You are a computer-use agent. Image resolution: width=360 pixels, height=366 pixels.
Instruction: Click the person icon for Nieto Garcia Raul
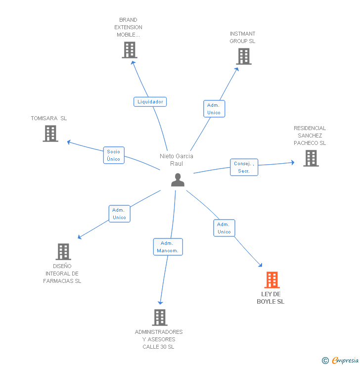178,181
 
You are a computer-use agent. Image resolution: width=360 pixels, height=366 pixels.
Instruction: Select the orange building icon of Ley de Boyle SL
271,280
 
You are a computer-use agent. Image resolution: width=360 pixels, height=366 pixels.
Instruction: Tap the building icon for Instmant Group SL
243,56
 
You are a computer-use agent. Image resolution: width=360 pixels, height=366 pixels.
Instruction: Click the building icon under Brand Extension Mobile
129,50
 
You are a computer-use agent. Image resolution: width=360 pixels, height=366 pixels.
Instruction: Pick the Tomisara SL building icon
50,134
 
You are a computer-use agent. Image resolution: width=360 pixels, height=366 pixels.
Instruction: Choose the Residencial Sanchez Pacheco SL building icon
311,158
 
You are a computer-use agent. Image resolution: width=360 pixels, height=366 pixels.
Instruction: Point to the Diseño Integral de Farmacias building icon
63,252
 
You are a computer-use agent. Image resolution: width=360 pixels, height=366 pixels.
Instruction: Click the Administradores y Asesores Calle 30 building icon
159,318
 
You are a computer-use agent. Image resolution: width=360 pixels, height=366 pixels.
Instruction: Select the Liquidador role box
150,102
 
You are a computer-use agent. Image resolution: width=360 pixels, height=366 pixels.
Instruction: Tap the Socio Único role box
113,155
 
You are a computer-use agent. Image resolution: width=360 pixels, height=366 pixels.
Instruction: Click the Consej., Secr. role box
244,167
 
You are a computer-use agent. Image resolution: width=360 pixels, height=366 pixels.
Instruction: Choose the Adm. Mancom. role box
168,247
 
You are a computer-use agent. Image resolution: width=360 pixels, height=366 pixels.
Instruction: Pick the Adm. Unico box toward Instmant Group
214,109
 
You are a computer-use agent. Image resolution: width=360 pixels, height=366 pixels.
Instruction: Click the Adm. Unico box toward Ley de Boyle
224,228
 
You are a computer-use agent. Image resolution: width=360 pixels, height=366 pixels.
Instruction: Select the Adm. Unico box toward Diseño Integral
119,214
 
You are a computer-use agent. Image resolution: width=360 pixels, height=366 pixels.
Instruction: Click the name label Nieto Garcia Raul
177,160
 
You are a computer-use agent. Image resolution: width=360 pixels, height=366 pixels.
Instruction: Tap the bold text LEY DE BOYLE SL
270,298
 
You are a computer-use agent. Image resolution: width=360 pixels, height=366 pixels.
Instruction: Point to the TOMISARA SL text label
48,119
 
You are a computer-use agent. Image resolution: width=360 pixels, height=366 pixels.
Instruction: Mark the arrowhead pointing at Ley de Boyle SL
261,266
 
